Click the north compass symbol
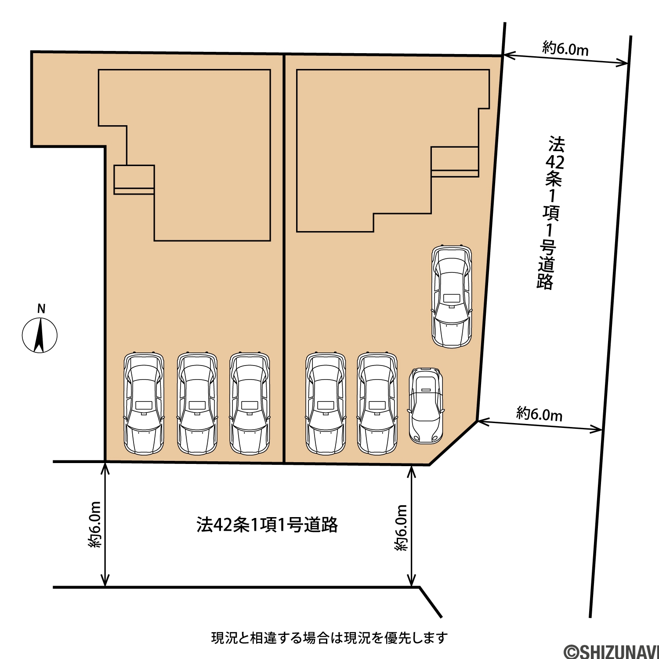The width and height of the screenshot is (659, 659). (x=40, y=335)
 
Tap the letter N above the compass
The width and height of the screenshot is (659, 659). (x=41, y=309)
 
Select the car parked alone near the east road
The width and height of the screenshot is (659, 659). (x=452, y=297)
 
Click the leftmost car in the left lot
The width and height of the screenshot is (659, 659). (x=144, y=404)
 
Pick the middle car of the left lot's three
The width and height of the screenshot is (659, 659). (x=197, y=404)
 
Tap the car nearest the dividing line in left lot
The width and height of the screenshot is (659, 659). (x=250, y=404)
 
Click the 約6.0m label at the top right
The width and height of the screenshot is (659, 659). (x=565, y=48)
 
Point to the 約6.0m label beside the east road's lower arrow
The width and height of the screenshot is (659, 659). (x=539, y=414)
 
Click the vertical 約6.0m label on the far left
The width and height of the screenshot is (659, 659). (x=95, y=524)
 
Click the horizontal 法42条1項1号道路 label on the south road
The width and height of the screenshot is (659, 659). (x=267, y=525)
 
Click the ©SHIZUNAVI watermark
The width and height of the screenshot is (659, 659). (x=611, y=652)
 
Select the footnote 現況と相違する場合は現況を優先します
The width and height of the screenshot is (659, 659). (x=329, y=637)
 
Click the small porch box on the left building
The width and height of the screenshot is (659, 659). (x=134, y=180)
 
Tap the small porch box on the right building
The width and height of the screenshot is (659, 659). (x=455, y=162)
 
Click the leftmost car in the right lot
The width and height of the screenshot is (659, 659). (x=326, y=404)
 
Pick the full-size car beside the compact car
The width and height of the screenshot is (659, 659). (x=377, y=404)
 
